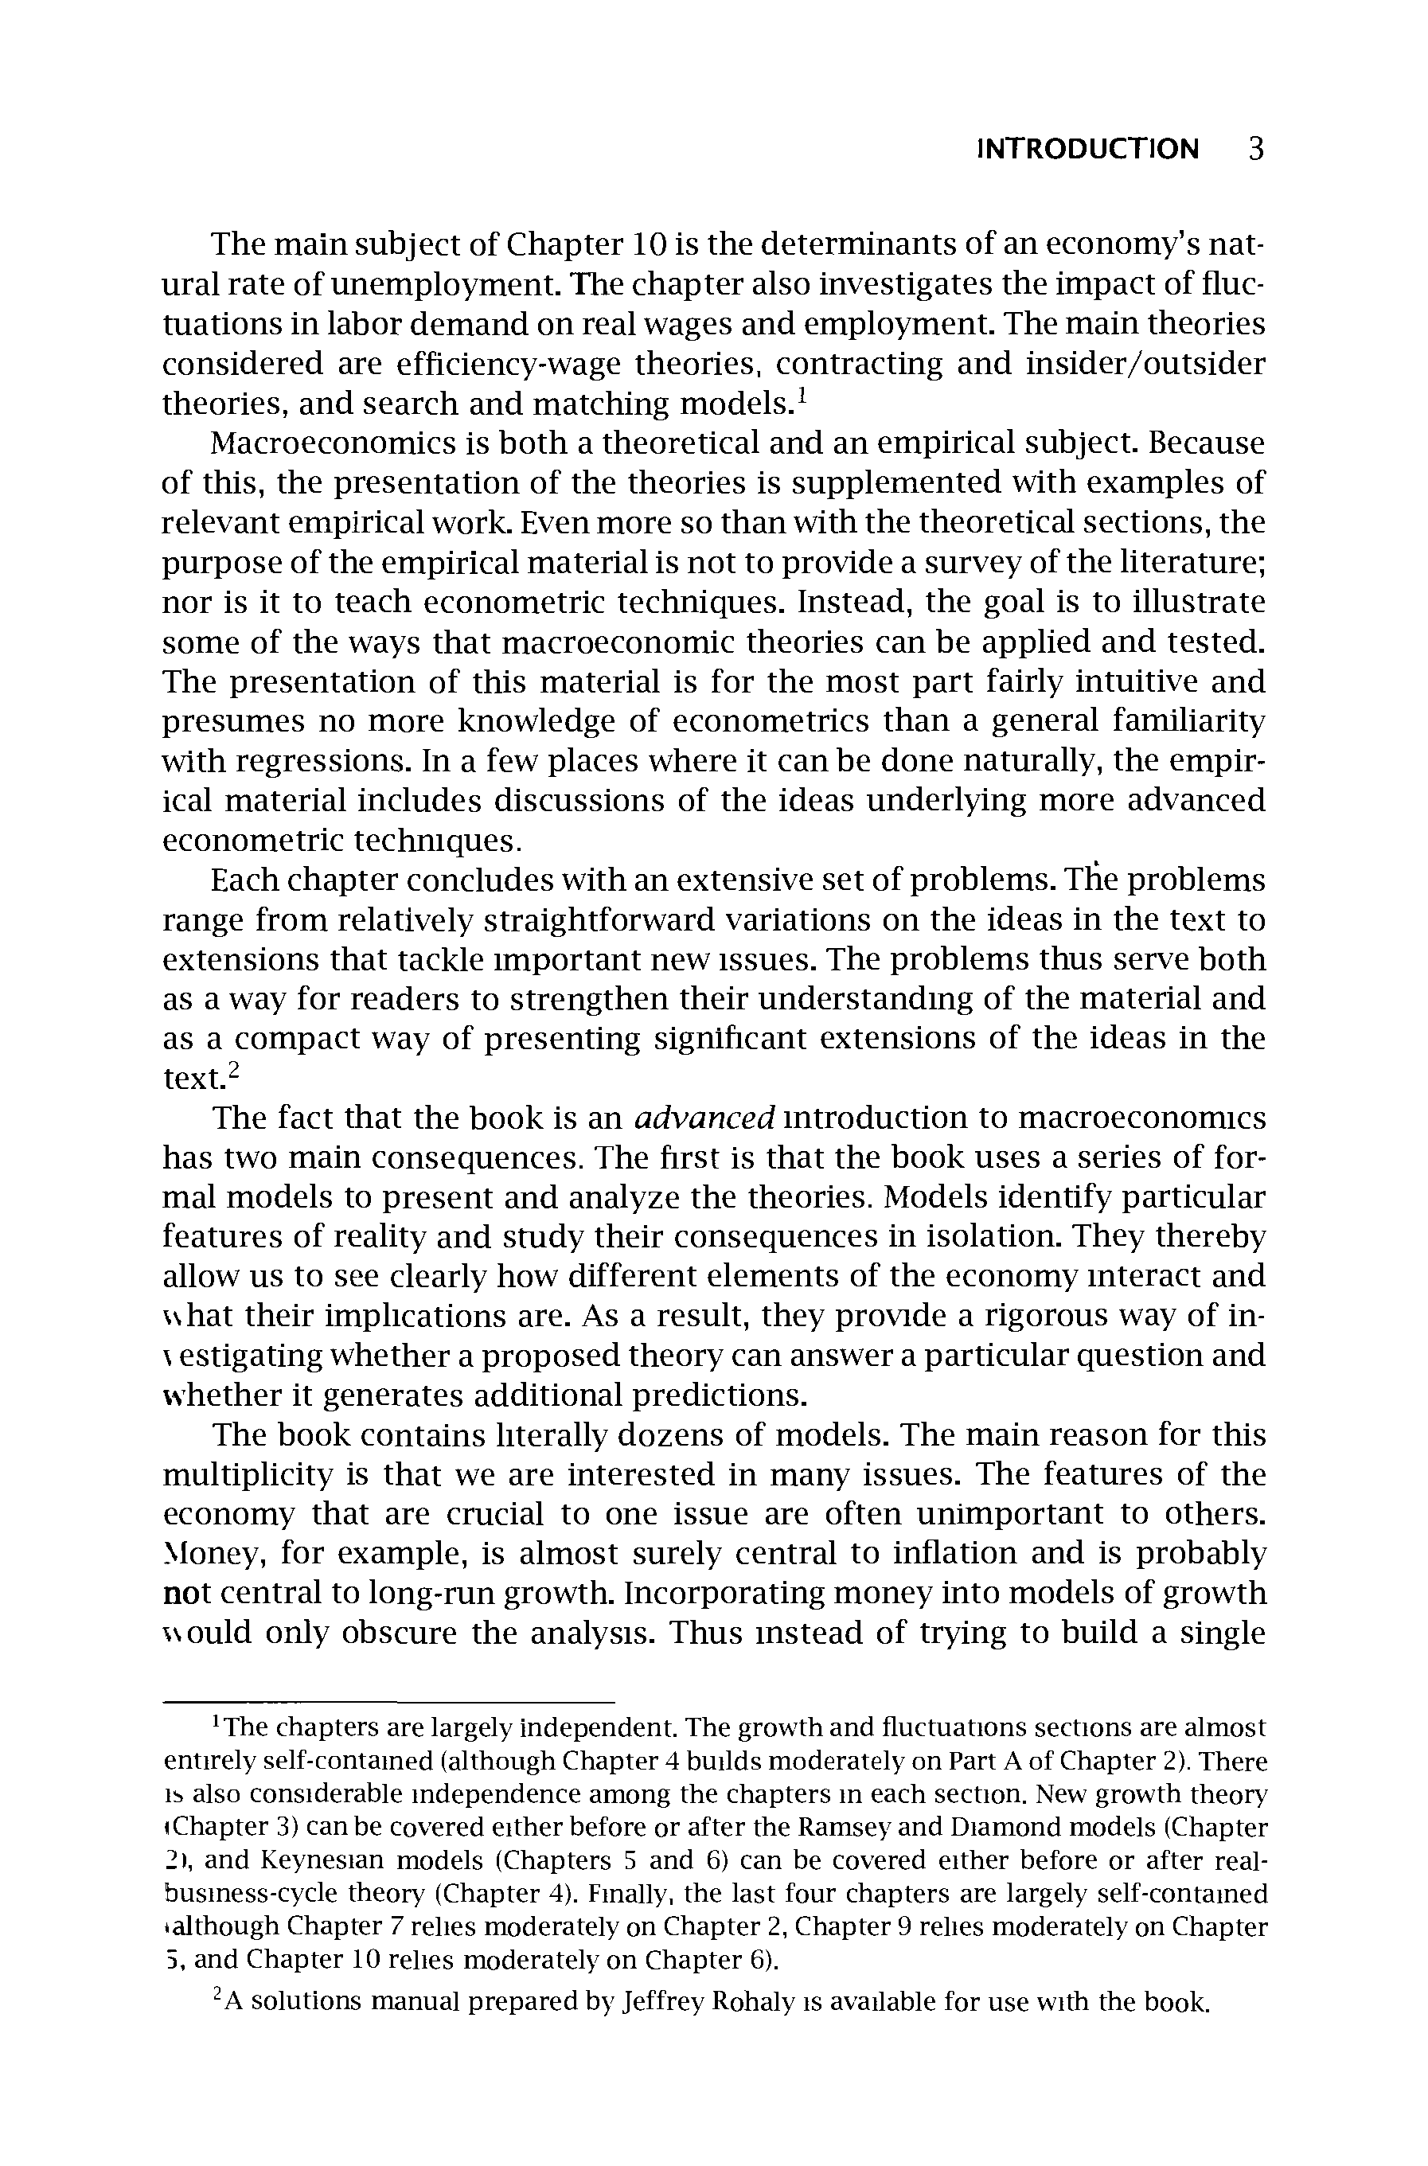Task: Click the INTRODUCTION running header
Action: click(1087, 149)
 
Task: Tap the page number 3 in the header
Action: click(1256, 149)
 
